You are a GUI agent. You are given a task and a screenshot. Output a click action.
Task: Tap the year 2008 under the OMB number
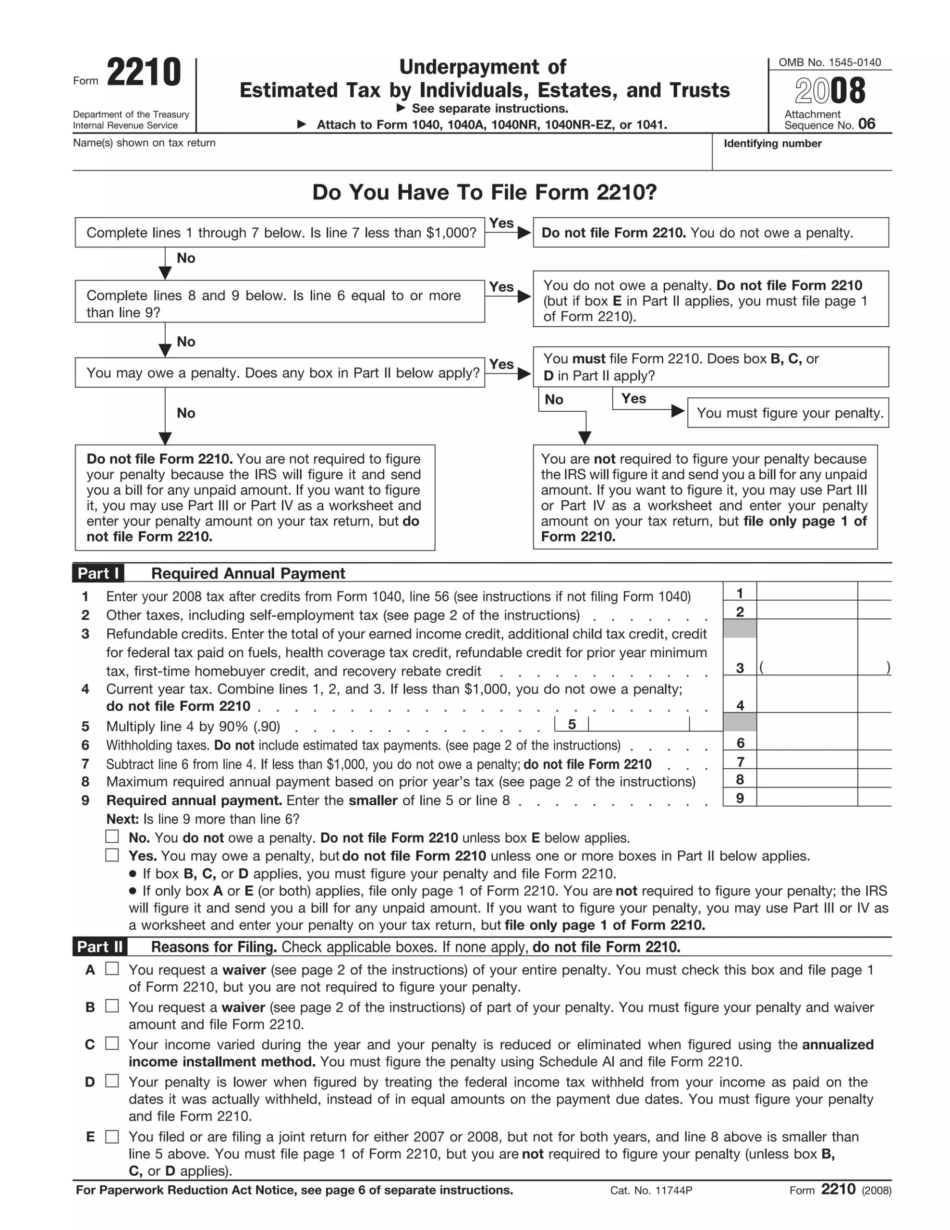(x=829, y=91)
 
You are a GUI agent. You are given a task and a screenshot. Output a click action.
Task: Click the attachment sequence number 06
(x=866, y=124)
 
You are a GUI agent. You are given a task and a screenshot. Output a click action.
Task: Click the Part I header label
(x=98, y=573)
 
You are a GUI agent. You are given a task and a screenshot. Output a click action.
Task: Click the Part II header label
(x=100, y=947)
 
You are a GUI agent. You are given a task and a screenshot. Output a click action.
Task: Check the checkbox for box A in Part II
(x=112, y=969)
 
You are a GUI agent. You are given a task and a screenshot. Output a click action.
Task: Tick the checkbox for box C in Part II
(x=112, y=1043)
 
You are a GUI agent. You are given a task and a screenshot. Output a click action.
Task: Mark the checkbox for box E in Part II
(x=112, y=1136)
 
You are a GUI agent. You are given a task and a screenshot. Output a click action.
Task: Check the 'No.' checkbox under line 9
(x=112, y=836)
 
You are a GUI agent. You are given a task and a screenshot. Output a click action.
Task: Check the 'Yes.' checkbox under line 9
(x=112, y=855)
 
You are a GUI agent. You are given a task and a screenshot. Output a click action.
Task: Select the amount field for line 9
(x=806, y=797)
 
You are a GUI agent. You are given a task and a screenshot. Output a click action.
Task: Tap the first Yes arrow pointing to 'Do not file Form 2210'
(x=509, y=232)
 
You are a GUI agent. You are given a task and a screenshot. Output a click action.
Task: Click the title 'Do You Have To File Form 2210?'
(x=484, y=193)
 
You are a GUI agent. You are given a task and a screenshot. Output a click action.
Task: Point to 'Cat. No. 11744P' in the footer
(x=651, y=1190)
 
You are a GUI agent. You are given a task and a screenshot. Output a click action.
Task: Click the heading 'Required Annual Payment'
(x=248, y=573)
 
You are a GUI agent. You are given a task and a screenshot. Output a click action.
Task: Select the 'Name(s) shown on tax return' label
(x=144, y=143)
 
